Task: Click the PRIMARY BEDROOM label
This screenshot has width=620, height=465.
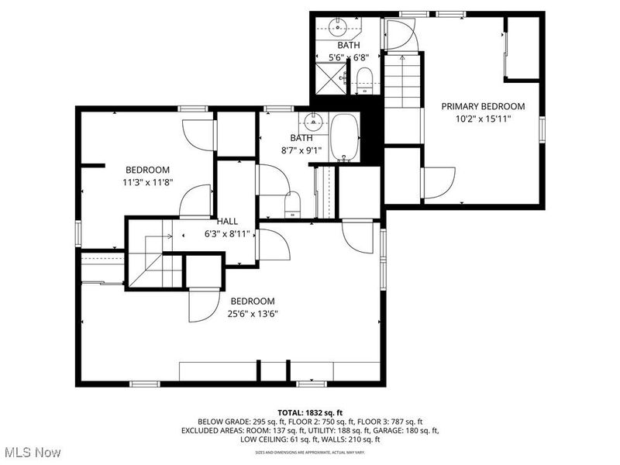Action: [483, 106]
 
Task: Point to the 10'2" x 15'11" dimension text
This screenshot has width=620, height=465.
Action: [483, 120]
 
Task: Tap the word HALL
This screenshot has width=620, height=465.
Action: [227, 221]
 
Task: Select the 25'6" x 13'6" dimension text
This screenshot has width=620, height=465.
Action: [252, 314]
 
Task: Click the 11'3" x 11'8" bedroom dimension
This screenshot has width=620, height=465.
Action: [147, 183]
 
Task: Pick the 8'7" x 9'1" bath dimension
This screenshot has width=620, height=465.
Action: [301, 151]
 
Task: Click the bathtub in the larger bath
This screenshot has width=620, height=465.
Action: [346, 138]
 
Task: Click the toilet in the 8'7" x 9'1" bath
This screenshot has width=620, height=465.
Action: [293, 204]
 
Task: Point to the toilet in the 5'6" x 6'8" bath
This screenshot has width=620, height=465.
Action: [365, 78]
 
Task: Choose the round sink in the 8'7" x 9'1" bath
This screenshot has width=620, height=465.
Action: [314, 122]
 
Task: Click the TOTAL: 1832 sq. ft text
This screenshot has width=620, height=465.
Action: [310, 412]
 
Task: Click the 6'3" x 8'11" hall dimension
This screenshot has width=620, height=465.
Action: [227, 233]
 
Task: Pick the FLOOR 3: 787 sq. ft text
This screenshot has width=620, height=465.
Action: [386, 421]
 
